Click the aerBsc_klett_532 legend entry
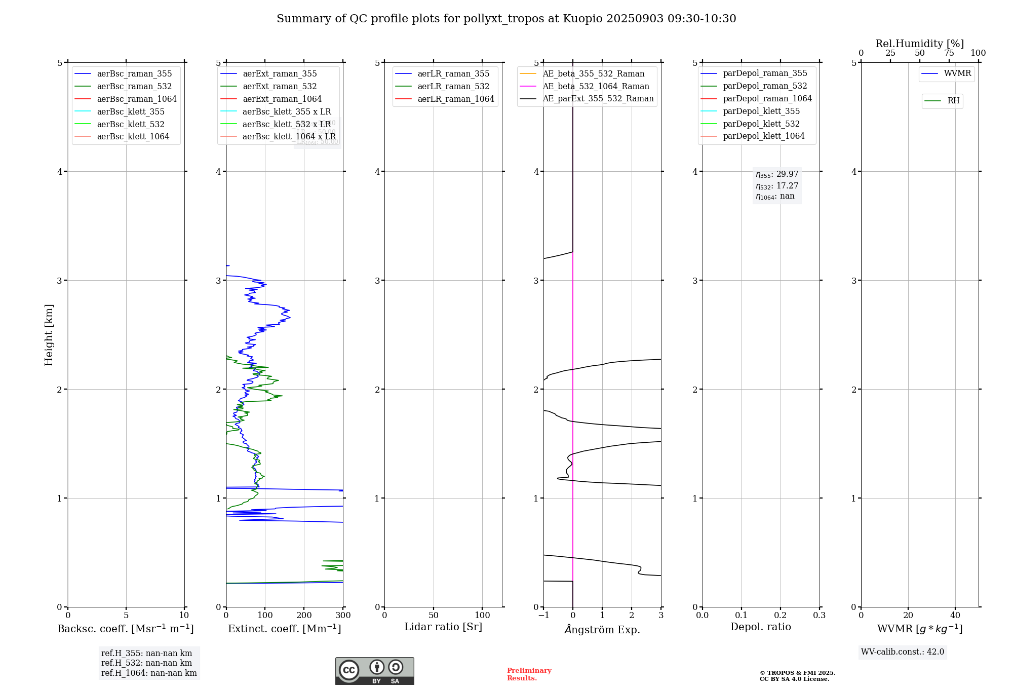130,124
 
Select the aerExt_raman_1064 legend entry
282,99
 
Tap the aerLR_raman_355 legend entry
453,73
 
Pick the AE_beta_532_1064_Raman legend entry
596,86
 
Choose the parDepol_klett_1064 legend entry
763,136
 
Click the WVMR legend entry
957,73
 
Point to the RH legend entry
953,101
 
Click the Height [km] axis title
49,334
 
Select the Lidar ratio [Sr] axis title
443,627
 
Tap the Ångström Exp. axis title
602,629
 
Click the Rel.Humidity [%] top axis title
919,44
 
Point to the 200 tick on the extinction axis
304,616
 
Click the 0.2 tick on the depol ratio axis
781,616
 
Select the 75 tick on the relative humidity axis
949,53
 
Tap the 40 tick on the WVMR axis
955,616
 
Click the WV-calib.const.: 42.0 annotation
903,652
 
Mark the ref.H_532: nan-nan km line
146,663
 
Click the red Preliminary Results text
529,674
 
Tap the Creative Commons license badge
374,671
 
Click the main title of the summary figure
506,19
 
